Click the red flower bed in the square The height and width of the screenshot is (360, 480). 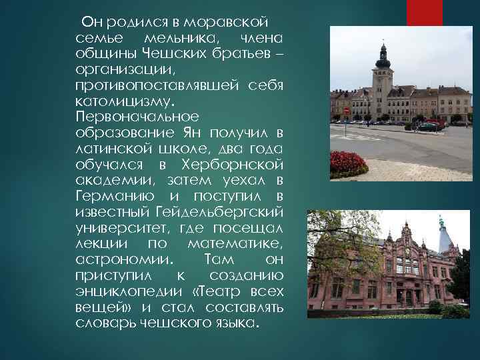[x=349, y=163]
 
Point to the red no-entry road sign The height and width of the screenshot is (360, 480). [x=345, y=111]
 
